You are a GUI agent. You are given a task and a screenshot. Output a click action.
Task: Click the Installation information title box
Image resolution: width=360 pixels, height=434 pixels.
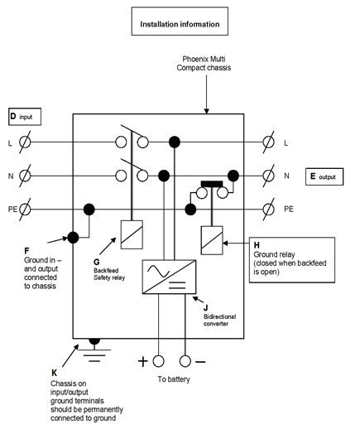[180, 24]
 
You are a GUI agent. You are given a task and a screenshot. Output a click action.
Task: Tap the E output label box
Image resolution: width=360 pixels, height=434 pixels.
[324, 176]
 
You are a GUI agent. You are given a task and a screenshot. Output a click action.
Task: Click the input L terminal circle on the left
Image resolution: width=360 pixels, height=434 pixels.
[26, 142]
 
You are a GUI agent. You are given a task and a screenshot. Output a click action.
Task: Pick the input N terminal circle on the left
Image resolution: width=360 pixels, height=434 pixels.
[26, 176]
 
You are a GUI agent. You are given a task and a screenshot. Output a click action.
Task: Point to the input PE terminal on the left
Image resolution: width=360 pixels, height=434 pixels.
[26, 209]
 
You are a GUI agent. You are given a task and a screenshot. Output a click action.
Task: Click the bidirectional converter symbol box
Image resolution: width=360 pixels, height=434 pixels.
[170, 277]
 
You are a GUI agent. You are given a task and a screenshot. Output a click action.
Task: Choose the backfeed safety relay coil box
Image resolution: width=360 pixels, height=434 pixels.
[132, 234]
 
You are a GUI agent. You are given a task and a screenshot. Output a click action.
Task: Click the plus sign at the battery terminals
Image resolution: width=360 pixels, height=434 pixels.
[142, 362]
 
